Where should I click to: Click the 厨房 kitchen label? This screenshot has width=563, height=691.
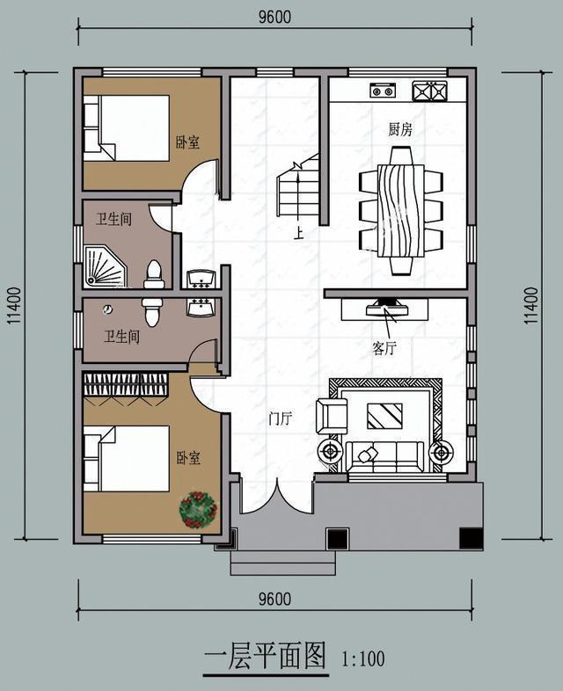(x=400, y=129)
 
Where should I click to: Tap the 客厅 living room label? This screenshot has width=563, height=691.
(x=384, y=349)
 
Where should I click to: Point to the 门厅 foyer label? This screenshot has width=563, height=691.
(x=281, y=419)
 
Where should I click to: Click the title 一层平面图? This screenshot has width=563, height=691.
(x=265, y=656)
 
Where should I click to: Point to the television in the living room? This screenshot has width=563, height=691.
(x=386, y=308)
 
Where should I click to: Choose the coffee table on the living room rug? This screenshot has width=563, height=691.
(x=384, y=415)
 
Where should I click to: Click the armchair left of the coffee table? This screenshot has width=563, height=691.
(x=332, y=416)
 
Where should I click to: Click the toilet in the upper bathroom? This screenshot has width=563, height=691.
(x=154, y=274)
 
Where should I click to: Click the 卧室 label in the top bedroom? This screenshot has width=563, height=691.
(x=187, y=142)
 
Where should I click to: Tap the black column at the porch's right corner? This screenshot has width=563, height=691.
(x=472, y=538)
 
